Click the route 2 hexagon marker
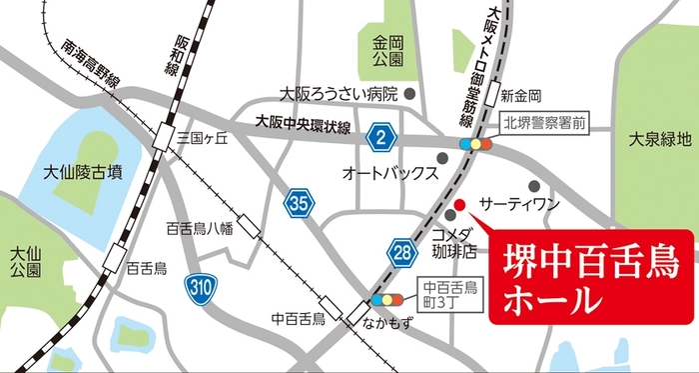pyautogui.click(x=378, y=135)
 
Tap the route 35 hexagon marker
pyautogui.click(x=299, y=203)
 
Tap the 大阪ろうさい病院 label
pyautogui.click(x=340, y=95)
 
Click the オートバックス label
pyautogui.click(x=389, y=172)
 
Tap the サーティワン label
pyautogui.click(x=518, y=203)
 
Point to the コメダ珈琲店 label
pyautogui.click(x=454, y=241)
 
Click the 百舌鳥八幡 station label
pyautogui.click(x=200, y=228)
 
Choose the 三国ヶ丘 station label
pyautogui.click(x=204, y=140)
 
